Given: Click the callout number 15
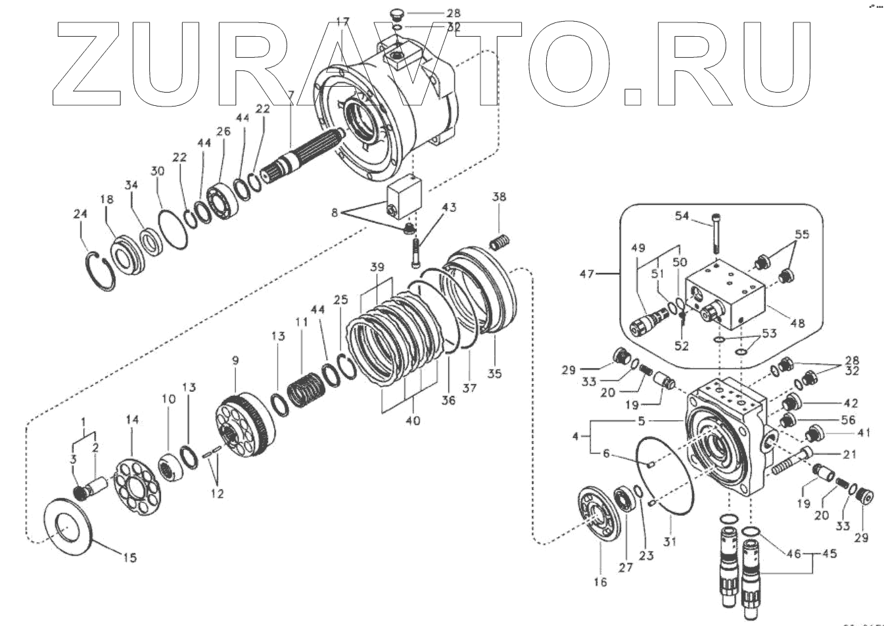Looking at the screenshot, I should (130, 558).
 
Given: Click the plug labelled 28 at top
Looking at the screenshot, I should (394, 13).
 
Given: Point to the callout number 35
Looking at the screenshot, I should (494, 373).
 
